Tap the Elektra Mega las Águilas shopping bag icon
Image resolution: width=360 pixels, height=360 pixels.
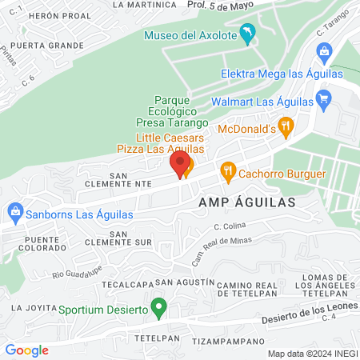(324, 53)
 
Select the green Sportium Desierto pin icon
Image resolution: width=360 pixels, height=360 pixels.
(158, 306)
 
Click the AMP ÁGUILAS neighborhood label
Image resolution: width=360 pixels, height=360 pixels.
(247, 202)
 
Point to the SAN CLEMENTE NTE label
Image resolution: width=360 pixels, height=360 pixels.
(130, 178)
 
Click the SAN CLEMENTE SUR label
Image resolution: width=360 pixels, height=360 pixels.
(130, 238)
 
